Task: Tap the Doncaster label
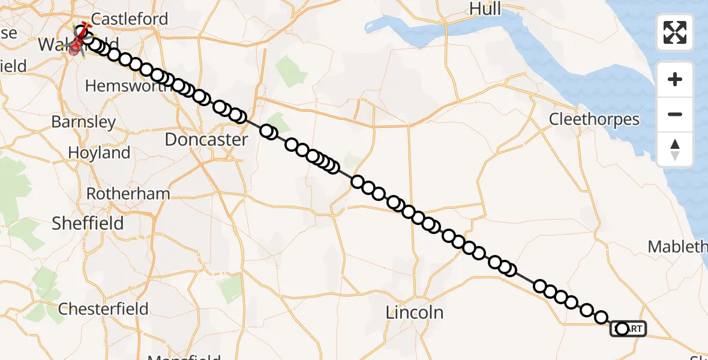coord(206,140)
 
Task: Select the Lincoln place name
coord(415,312)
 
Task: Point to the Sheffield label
coord(88,223)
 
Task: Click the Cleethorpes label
coord(594,119)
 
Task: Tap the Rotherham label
coord(128,194)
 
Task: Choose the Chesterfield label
coord(103,309)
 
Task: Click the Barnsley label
coord(83,122)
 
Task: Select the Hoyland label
coord(99,152)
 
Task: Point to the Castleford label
coord(130,19)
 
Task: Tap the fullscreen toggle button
coord(675,32)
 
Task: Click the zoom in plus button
coord(675,79)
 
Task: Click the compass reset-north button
coord(675,149)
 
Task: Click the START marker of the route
coord(628,329)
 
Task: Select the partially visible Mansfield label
coord(184,356)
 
